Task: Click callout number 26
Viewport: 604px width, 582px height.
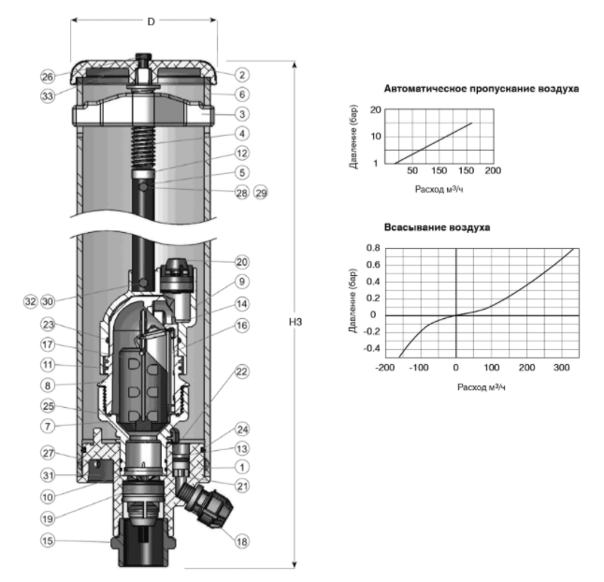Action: point(48,77)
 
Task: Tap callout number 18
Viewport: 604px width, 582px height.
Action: point(242,542)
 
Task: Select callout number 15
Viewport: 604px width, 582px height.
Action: point(48,541)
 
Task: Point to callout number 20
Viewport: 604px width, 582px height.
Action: point(242,262)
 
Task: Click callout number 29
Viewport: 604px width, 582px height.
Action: point(261,193)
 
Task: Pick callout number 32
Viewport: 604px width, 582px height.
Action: point(31,301)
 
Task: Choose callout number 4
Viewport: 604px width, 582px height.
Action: point(242,134)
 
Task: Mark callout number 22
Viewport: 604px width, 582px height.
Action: point(242,372)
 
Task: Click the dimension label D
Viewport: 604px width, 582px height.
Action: point(151,22)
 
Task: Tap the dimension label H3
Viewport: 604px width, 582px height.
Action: point(295,322)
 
